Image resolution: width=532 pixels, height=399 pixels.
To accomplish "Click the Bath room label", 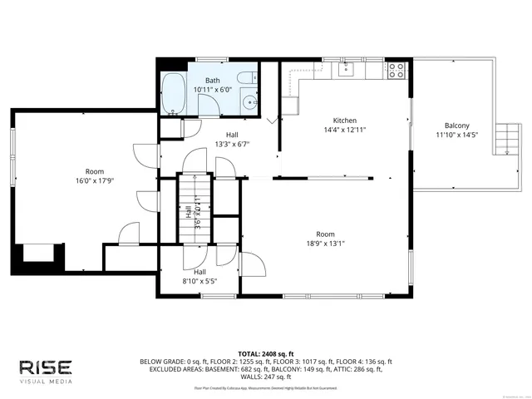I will [214, 80].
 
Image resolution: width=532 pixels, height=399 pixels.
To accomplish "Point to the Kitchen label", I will [345, 120].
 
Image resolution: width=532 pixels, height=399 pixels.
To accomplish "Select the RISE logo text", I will [47, 367].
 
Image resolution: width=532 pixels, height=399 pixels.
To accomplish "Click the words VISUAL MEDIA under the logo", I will [47, 382].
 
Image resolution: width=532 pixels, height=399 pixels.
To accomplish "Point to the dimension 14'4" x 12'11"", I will [345, 130].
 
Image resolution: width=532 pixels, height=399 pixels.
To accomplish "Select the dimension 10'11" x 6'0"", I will [214, 89].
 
